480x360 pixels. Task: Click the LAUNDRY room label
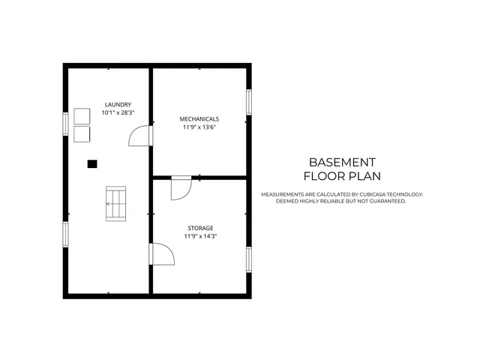pos(118,104)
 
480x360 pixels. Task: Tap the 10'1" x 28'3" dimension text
pos(118,112)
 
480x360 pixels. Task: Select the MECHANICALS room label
pos(199,119)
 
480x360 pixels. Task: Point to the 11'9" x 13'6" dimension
pos(199,127)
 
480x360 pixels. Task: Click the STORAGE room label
pos(200,228)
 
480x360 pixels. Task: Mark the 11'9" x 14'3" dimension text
pos(200,236)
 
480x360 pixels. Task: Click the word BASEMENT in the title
pos(342,162)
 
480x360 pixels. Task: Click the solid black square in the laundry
pos(92,163)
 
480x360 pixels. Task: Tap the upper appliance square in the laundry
pos(81,117)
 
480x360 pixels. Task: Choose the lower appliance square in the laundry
pos(81,133)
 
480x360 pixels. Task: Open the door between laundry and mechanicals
pos(141,135)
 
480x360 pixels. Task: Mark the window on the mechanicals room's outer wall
pos(249,102)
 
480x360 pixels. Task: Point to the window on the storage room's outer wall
pos(249,258)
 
